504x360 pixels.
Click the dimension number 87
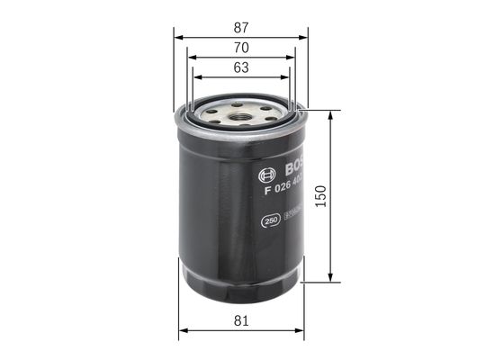240,27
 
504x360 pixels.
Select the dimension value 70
240,47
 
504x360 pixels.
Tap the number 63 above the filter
240,67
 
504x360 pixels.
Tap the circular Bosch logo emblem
266,175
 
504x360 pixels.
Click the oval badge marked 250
269,219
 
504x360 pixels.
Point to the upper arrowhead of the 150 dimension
332,115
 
